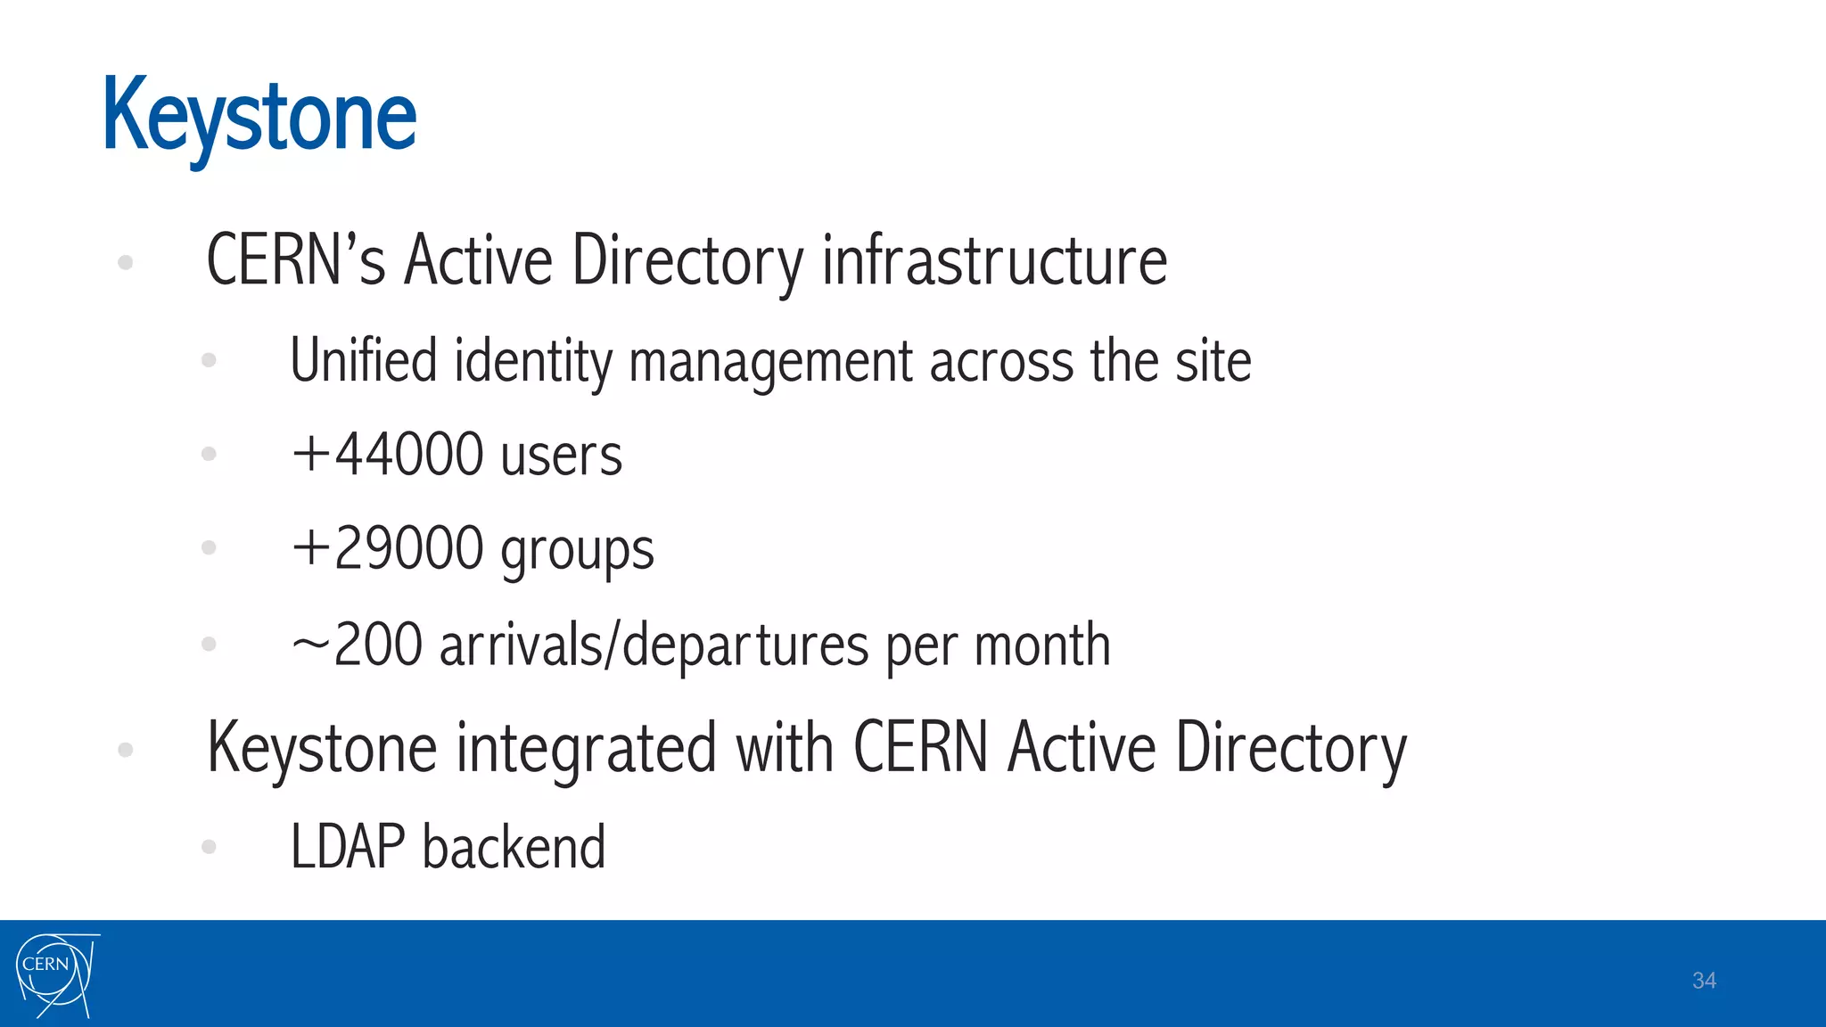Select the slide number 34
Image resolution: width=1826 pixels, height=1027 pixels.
(x=1704, y=981)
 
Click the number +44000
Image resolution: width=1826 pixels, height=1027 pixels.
(x=388, y=455)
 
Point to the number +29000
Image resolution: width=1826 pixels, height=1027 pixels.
(x=388, y=548)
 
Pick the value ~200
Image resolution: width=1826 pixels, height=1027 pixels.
(x=357, y=645)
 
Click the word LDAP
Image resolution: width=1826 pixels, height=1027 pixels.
(x=348, y=847)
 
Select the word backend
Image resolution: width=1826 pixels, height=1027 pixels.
(x=514, y=847)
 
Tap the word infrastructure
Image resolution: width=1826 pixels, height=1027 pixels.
(x=994, y=260)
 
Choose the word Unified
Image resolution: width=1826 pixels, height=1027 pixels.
(x=364, y=360)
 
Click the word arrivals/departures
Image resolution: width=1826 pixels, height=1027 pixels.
(x=654, y=645)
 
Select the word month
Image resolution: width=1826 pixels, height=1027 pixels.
(x=1042, y=645)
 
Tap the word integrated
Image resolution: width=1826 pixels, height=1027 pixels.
(x=587, y=749)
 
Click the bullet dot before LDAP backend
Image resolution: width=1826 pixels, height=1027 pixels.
(x=210, y=847)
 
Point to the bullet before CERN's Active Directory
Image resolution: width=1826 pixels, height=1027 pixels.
(x=126, y=262)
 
